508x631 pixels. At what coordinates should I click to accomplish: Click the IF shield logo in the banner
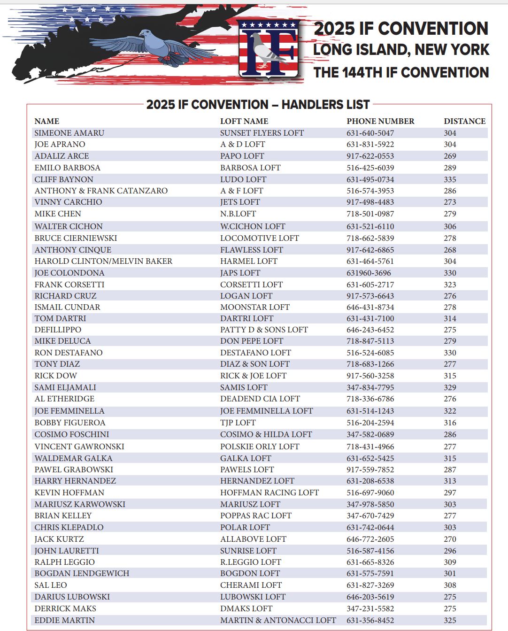(x=268, y=48)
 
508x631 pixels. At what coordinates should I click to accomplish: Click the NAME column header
(x=47, y=121)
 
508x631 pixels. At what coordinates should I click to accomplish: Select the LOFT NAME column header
(x=244, y=121)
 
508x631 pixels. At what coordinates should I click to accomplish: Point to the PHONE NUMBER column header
(x=380, y=121)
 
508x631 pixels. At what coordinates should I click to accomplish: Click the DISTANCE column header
(x=464, y=121)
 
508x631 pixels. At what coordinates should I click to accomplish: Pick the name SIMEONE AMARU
(x=69, y=133)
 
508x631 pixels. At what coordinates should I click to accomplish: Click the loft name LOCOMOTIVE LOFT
(x=260, y=238)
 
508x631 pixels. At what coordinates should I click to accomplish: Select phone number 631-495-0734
(x=370, y=179)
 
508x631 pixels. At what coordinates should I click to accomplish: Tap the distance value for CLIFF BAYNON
(x=450, y=179)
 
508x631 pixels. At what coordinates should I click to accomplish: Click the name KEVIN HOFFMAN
(x=69, y=492)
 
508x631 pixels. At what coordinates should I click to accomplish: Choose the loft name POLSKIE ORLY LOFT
(x=260, y=446)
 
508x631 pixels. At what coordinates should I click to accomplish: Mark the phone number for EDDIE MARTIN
(x=370, y=620)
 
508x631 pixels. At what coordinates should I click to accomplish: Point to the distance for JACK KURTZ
(x=450, y=539)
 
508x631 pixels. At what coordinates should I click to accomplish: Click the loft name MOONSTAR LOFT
(x=255, y=307)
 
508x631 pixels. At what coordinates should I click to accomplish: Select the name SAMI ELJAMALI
(x=65, y=387)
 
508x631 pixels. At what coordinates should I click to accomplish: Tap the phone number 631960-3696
(x=369, y=273)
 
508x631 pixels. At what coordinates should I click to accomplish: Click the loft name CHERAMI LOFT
(x=251, y=585)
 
